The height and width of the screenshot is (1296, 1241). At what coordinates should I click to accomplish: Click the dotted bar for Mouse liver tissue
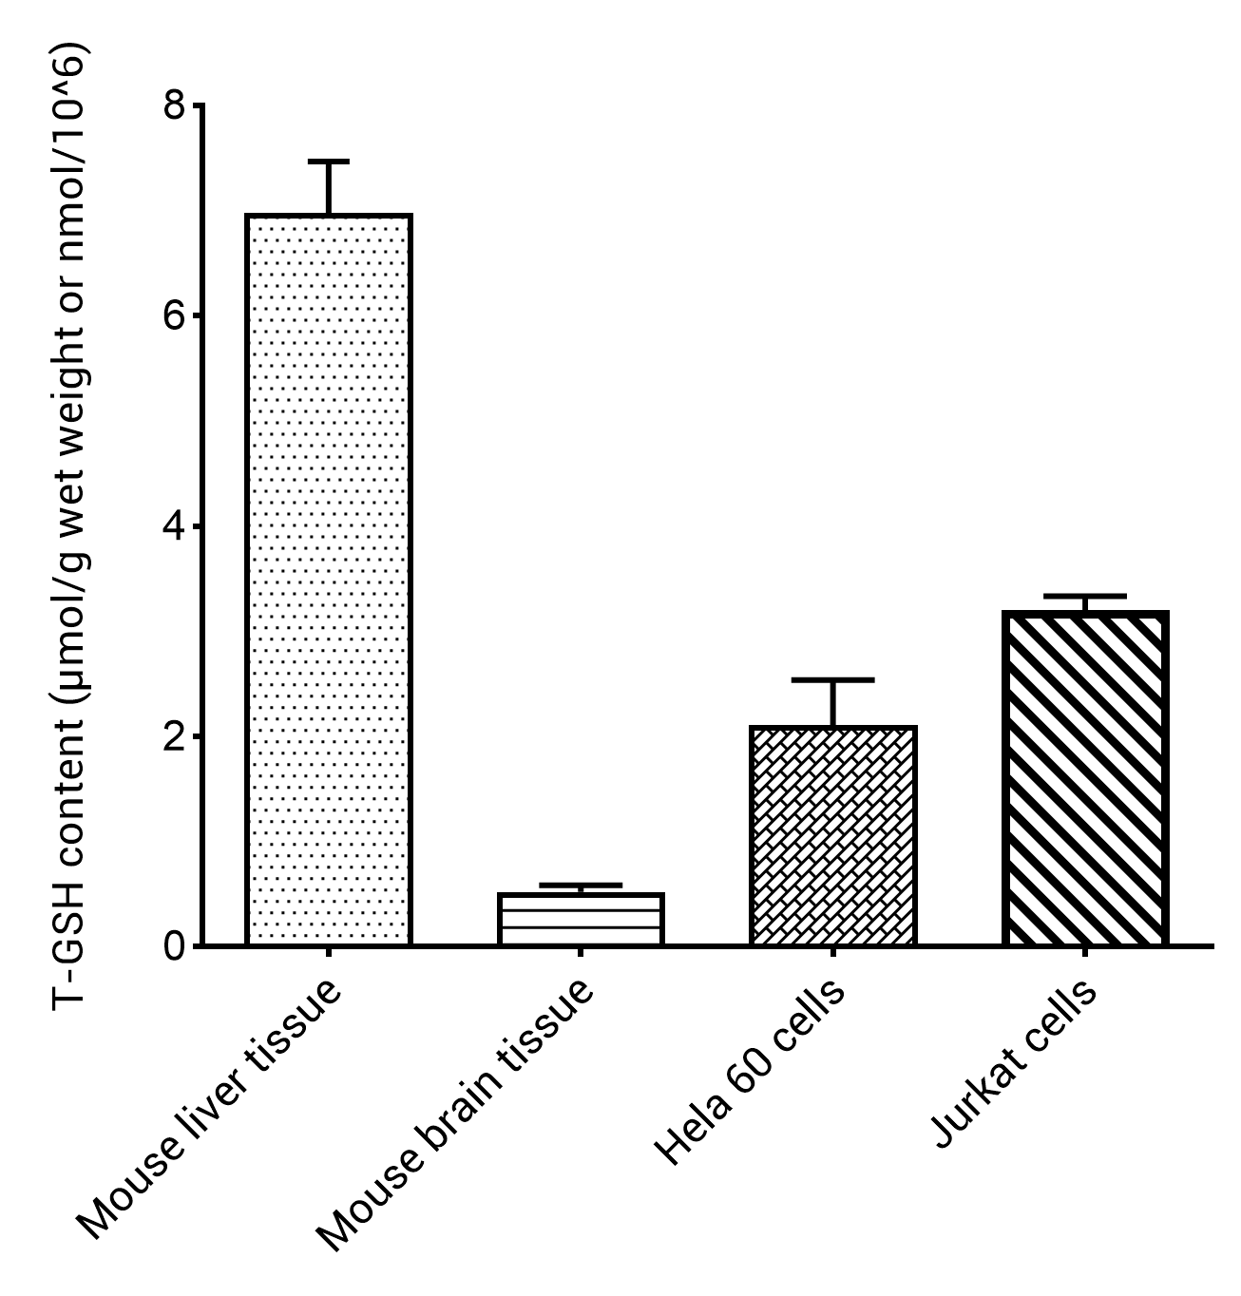coord(329,580)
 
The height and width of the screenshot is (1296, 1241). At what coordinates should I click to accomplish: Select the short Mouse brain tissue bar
coord(581,919)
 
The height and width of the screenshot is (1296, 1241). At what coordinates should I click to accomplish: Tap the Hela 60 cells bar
coord(832,836)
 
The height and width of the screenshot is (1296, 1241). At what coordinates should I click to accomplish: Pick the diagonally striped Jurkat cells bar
coord(1084,779)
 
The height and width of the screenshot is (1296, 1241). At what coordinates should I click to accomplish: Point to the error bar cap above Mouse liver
coord(329,162)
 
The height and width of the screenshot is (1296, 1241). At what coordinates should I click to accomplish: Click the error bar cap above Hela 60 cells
coord(832,680)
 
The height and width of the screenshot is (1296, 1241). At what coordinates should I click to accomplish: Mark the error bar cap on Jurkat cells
coord(1084,596)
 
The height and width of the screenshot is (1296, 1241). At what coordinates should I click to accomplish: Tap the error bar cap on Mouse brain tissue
coord(581,886)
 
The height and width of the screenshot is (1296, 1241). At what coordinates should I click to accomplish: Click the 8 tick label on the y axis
coord(174,105)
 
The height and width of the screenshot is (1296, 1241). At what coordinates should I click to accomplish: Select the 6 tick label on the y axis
coord(174,316)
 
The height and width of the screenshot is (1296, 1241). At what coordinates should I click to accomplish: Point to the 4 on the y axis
coord(174,526)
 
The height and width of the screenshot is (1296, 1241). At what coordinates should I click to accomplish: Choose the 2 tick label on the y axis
coord(174,737)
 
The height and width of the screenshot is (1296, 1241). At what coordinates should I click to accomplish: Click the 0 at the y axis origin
coord(174,947)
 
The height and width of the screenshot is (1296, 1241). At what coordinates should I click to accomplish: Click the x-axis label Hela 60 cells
coord(751,1074)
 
